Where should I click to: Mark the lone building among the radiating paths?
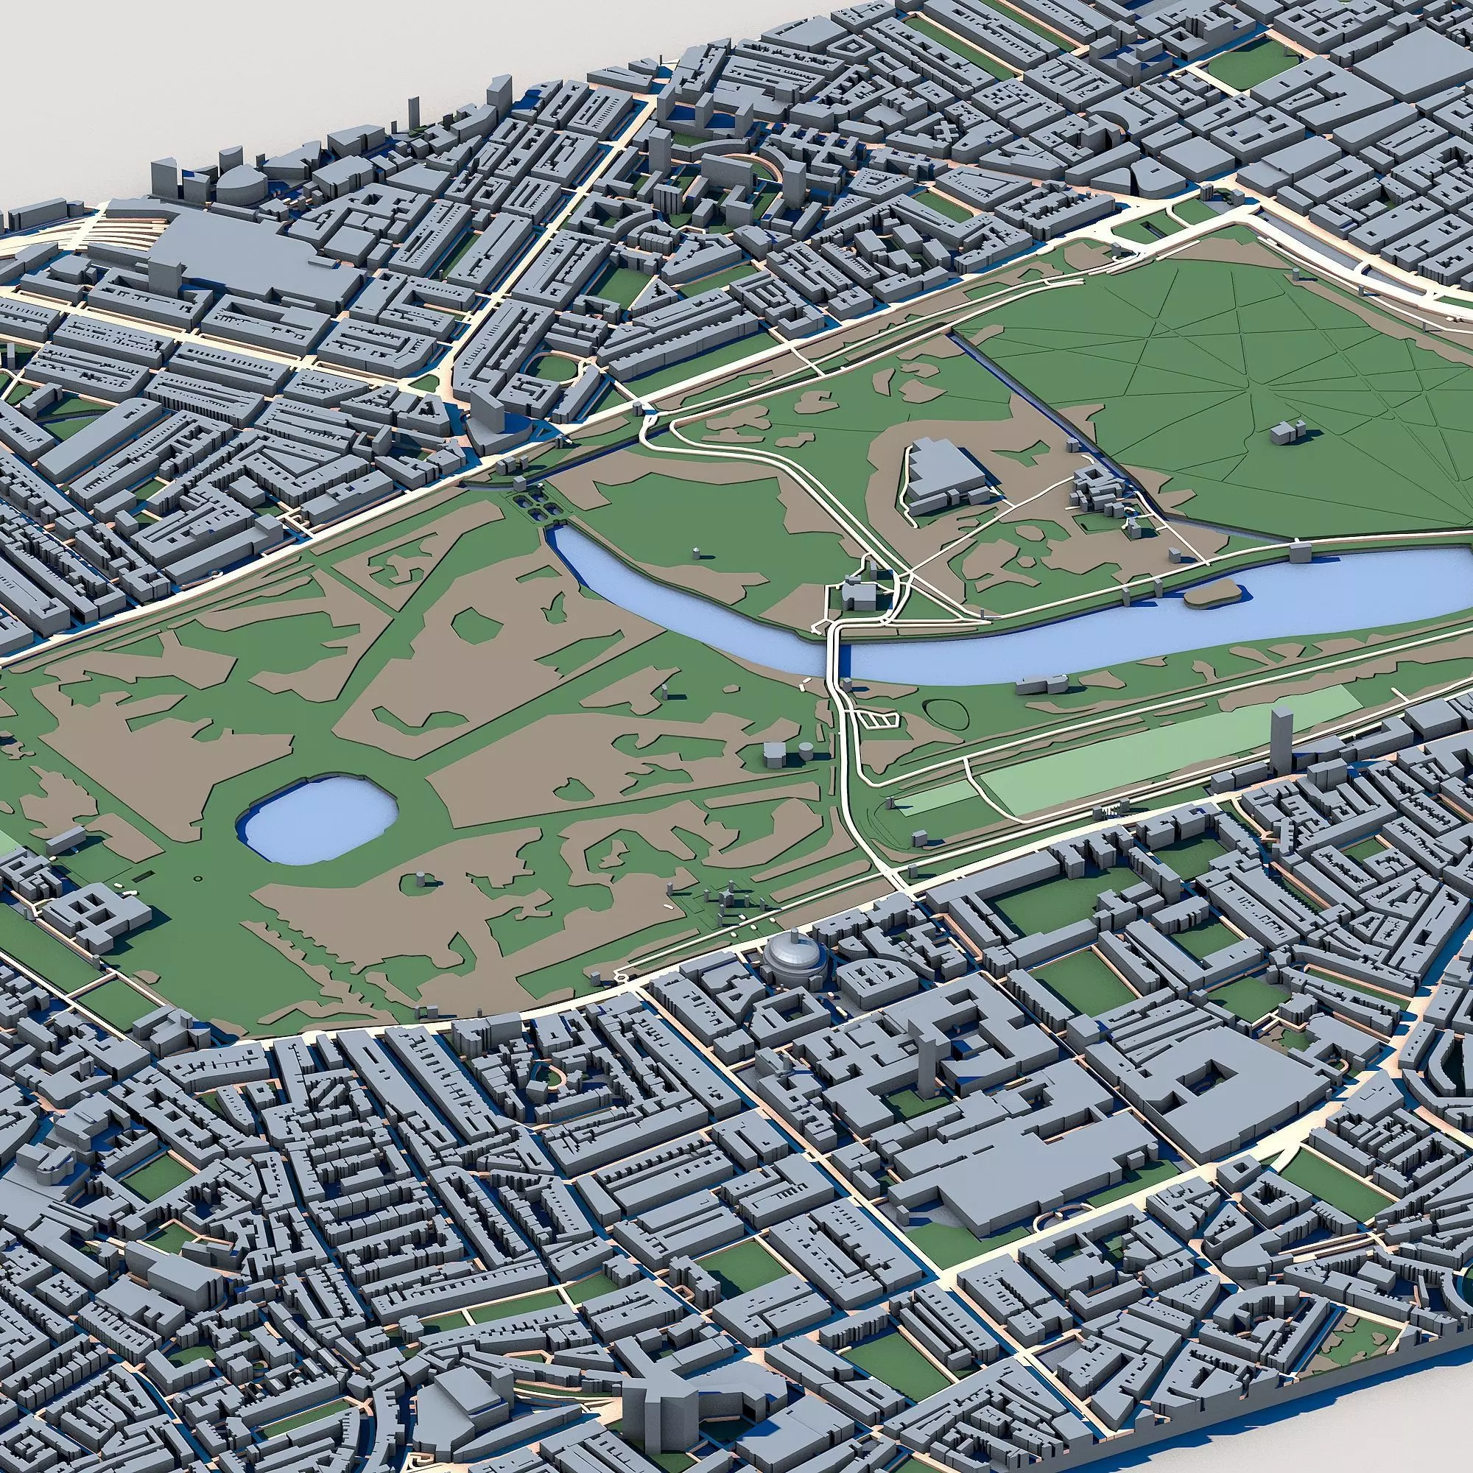[1288, 432]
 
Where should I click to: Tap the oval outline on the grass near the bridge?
[946, 713]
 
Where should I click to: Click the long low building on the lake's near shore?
[1044, 683]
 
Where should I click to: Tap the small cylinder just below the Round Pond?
[421, 879]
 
